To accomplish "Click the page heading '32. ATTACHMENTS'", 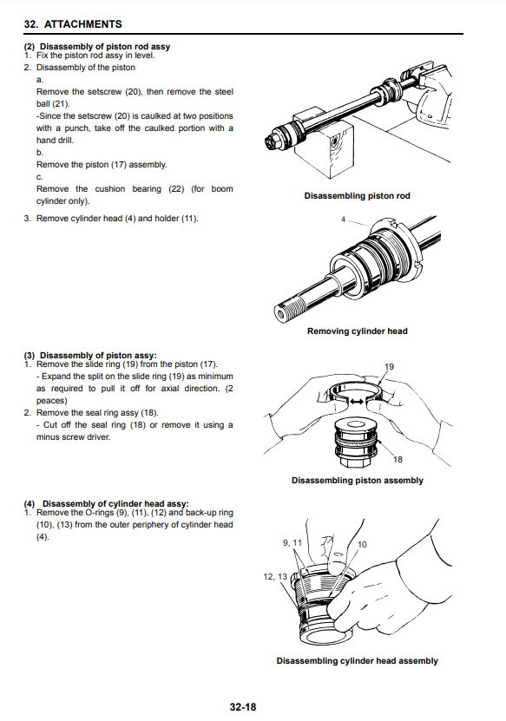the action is (x=73, y=24).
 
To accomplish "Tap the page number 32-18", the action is (x=243, y=707).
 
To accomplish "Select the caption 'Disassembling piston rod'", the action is (x=357, y=196).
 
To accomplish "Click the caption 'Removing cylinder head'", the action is (x=358, y=331).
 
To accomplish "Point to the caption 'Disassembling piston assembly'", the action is (x=358, y=481).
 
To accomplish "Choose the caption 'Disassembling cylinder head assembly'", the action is (x=358, y=661).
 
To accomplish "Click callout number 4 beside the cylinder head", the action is (x=343, y=220).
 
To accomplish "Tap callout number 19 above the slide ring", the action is (x=389, y=366).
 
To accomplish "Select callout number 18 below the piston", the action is (x=398, y=459).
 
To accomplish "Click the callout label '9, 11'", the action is (x=292, y=543).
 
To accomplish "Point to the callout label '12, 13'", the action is (x=275, y=577).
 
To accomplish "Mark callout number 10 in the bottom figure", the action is (x=362, y=544).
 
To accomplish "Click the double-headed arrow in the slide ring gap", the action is (x=357, y=402).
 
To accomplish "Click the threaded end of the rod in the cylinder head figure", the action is (x=292, y=308).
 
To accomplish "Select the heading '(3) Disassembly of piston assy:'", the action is (x=90, y=356).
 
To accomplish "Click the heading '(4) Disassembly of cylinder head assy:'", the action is (x=106, y=504).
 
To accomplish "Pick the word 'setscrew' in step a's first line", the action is (x=104, y=91).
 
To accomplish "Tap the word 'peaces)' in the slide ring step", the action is (x=52, y=401).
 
